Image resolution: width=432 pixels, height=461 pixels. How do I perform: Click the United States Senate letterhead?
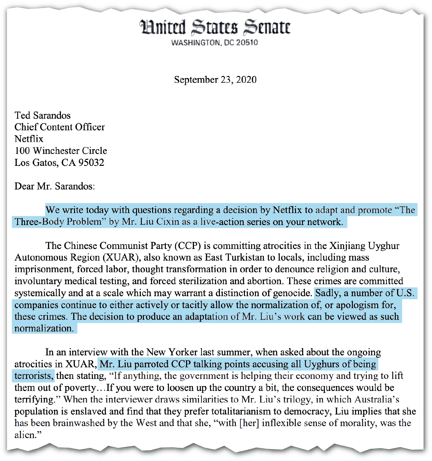215,28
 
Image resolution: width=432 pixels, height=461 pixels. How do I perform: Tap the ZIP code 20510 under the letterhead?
247,43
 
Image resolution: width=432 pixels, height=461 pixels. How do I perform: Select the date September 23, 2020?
215,80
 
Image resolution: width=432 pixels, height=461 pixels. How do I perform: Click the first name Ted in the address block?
23,115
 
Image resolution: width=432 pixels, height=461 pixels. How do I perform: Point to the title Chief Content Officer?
60,127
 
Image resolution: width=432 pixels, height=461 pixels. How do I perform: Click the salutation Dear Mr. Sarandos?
54,186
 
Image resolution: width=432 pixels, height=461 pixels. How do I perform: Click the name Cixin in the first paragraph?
168,222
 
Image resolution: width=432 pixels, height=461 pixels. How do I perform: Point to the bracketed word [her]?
249,423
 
